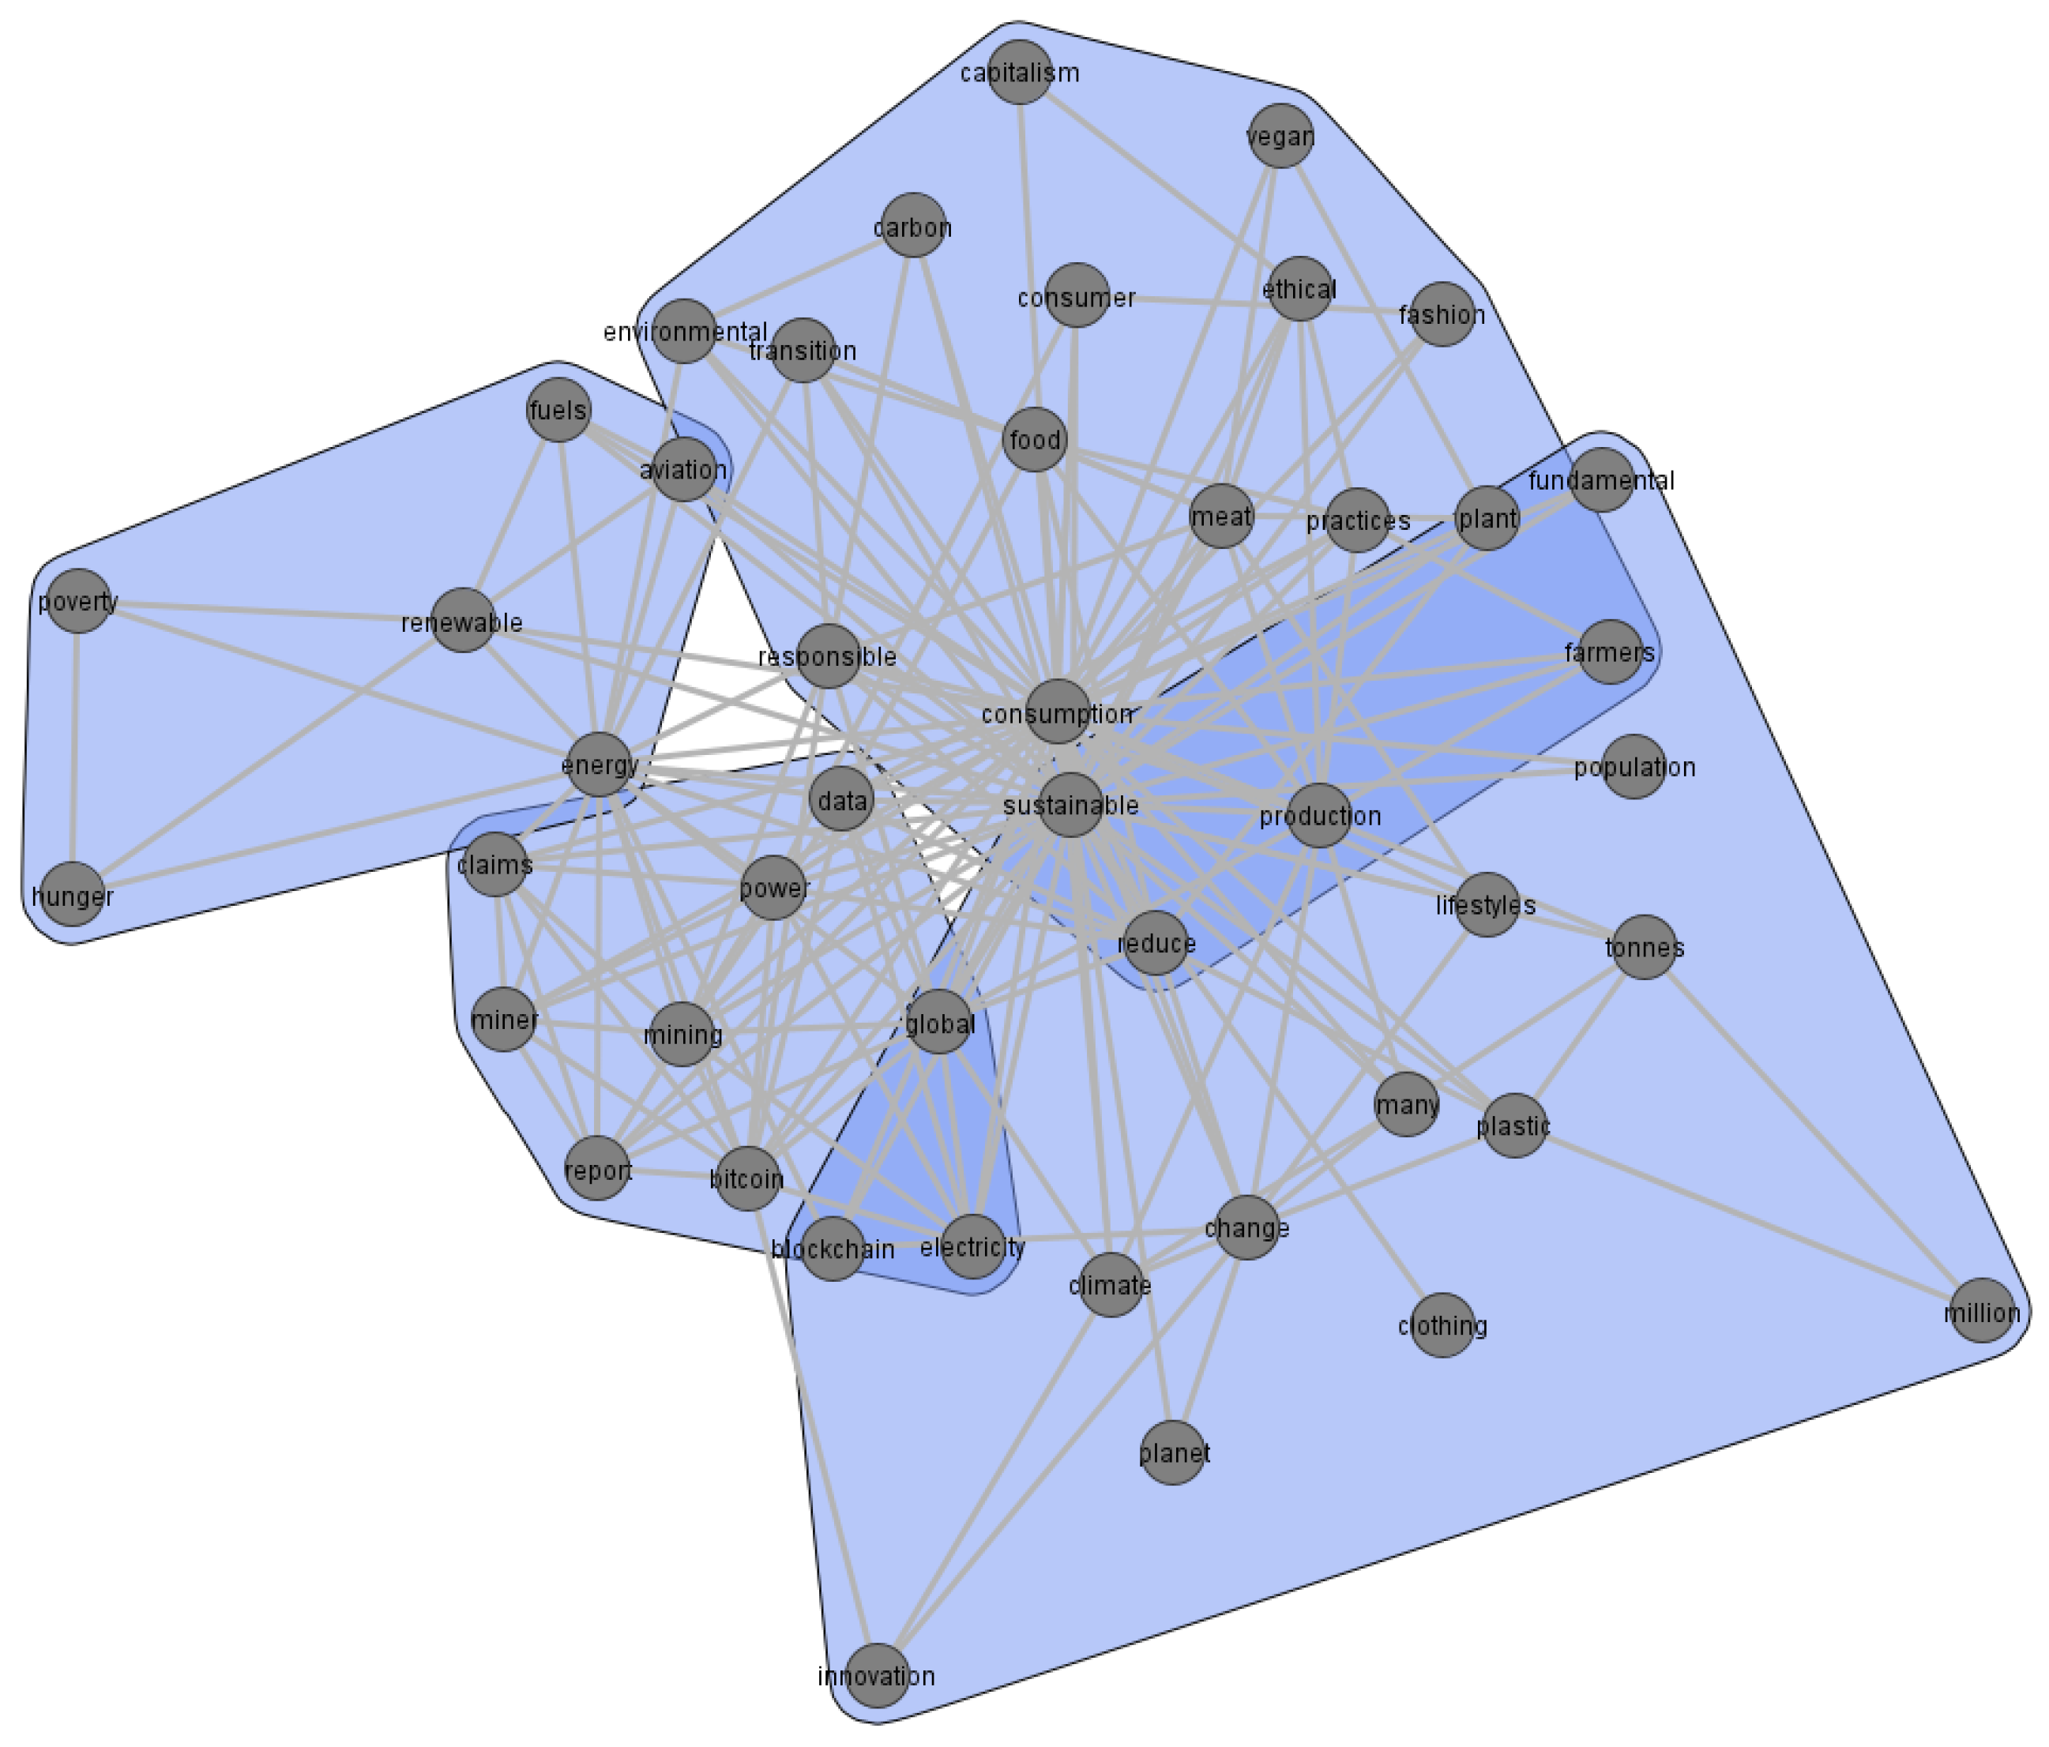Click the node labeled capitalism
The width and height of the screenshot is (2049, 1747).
pos(1020,72)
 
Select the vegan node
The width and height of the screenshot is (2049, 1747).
pos(1280,137)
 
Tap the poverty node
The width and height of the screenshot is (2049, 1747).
pos(78,601)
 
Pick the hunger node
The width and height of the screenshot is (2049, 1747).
pos(73,895)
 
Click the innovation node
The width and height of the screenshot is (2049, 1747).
pos(877,1676)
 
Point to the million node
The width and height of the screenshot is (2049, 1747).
pos(1983,1311)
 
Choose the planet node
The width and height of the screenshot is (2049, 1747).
pos(1174,1452)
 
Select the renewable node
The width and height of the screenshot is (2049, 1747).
pos(463,621)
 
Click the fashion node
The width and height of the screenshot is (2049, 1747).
pos(1442,314)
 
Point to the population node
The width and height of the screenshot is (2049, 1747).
pos(1634,766)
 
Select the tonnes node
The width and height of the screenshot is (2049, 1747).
pos(1645,947)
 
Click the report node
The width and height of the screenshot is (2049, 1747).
pos(597,1169)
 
